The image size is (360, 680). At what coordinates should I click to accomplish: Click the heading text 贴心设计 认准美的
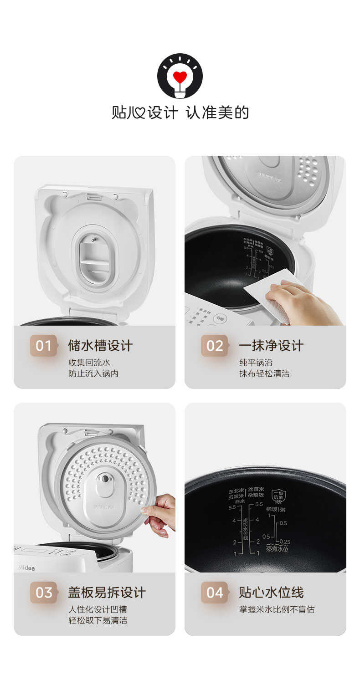click(x=180, y=112)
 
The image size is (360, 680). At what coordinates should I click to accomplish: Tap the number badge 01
click(x=44, y=346)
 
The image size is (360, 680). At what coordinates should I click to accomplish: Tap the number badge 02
click(x=215, y=346)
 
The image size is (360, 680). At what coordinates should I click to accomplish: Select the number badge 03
click(x=44, y=593)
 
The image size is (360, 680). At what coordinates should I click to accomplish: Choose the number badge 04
click(x=215, y=593)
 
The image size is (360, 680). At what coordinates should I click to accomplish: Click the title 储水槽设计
click(x=100, y=346)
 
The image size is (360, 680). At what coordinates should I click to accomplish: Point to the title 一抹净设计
click(x=271, y=346)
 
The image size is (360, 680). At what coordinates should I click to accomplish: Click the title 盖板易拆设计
click(x=107, y=593)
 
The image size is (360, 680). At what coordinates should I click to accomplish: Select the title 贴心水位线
click(x=271, y=593)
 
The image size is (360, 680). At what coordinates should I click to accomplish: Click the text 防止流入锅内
click(x=93, y=374)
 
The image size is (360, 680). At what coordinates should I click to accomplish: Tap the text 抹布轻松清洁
click(x=264, y=374)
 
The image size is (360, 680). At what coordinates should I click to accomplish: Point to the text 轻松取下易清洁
click(x=98, y=620)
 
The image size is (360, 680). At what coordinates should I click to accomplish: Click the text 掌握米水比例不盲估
click(x=277, y=609)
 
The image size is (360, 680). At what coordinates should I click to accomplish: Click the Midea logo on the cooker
click(x=26, y=568)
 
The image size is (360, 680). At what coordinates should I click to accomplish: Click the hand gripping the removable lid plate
click(x=160, y=515)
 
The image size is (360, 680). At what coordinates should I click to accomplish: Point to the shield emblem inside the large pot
click(x=278, y=496)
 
